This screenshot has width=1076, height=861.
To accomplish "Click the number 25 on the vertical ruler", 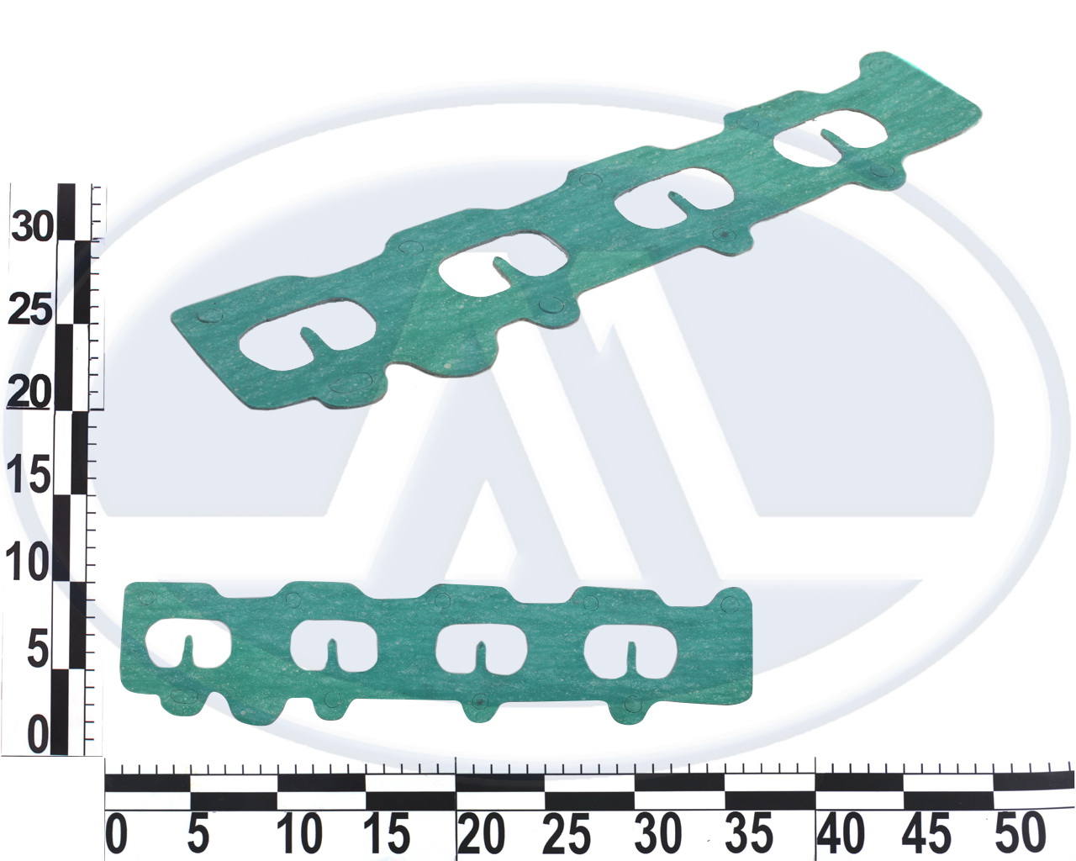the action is (x=30, y=310).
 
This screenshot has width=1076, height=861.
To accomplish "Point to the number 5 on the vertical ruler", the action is (x=39, y=650).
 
